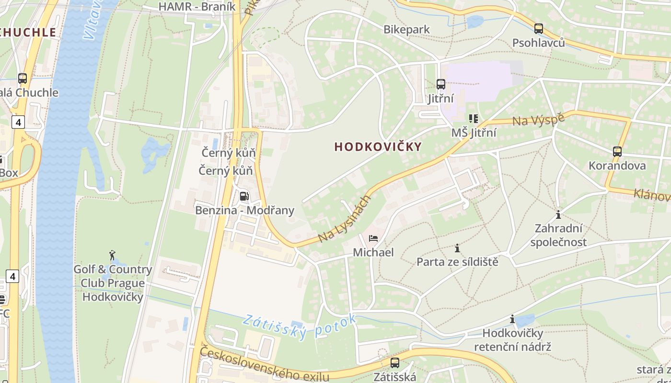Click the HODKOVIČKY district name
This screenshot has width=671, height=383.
click(x=378, y=147)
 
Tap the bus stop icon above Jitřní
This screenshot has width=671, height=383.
click(x=441, y=84)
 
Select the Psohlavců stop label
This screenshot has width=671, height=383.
click(x=538, y=43)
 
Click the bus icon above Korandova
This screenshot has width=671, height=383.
click(x=617, y=152)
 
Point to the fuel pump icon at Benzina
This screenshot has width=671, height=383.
click(x=244, y=196)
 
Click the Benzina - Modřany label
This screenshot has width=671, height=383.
click(x=244, y=210)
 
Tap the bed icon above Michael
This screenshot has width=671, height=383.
click(x=373, y=238)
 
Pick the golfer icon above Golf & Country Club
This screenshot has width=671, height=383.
click(x=113, y=255)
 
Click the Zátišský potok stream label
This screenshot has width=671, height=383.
click(x=299, y=326)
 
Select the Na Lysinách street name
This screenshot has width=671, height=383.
click(x=345, y=218)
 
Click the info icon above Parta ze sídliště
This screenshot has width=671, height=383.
click(x=457, y=248)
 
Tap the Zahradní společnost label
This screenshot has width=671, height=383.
click(x=558, y=235)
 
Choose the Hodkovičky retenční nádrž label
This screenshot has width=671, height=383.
click(x=512, y=340)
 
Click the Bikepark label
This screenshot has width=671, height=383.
click(x=406, y=30)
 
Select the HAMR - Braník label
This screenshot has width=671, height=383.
click(x=197, y=6)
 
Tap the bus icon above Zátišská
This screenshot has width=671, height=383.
click(x=395, y=363)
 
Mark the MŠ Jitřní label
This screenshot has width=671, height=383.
click(x=474, y=133)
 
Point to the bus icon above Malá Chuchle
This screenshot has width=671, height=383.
click(x=23, y=79)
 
